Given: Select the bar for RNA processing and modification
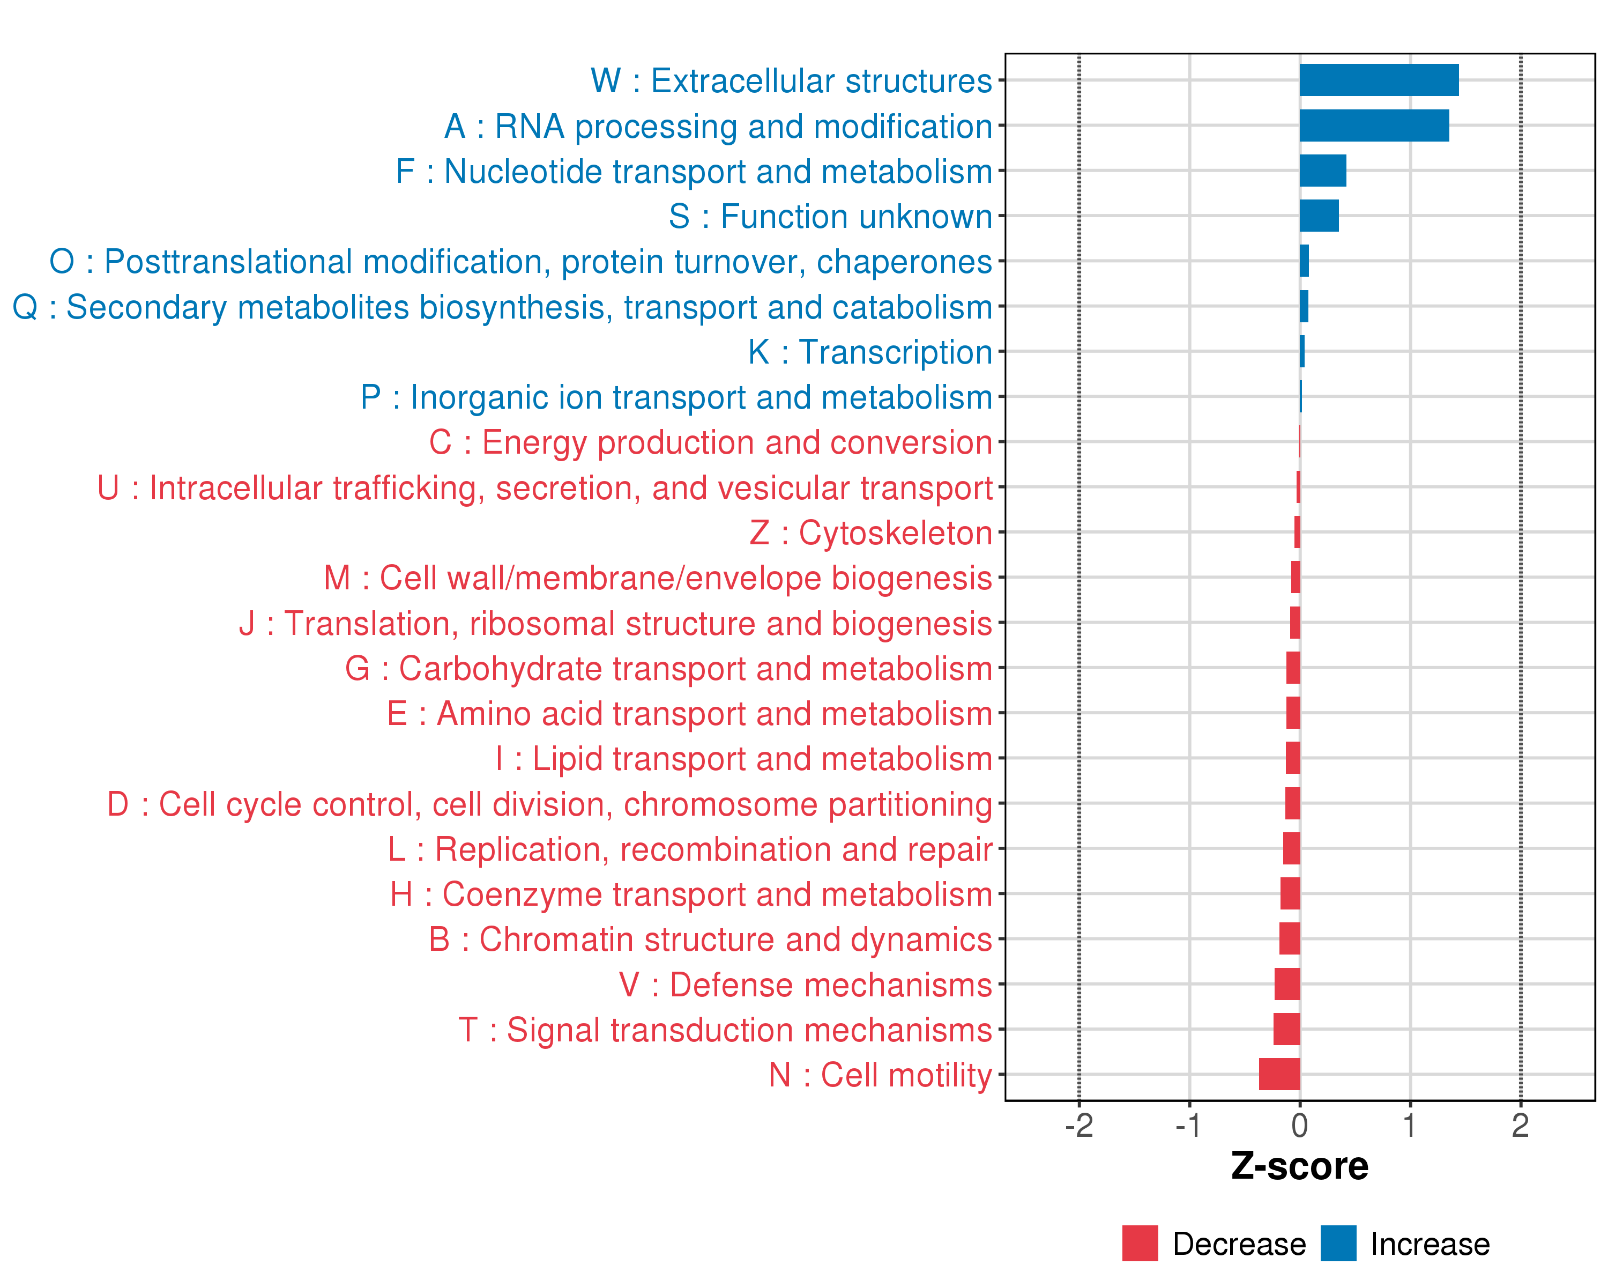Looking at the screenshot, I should click(x=1374, y=125).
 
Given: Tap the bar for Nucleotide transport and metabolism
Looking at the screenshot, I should click(x=1322, y=171).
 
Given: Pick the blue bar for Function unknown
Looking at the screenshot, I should click(x=1319, y=216).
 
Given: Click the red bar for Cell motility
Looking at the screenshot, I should click(x=1279, y=1074).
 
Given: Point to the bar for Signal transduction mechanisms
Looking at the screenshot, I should click(x=1286, y=1029).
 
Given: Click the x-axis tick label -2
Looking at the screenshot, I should click(x=1078, y=1125).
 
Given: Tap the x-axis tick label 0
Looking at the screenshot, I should click(x=1299, y=1125).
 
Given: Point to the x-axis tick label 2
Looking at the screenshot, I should click(x=1520, y=1125).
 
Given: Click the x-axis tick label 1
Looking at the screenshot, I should click(x=1410, y=1125).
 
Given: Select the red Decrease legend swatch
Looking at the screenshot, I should click(x=1140, y=1243).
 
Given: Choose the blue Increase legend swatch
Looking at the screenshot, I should click(x=1338, y=1243).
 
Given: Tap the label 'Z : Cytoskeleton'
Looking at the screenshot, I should click(x=870, y=532).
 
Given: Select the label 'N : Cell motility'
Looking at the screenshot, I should click(x=880, y=1075).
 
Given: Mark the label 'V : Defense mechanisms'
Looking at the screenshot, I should click(x=806, y=985).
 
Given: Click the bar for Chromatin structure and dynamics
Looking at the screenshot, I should click(x=1290, y=938).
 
